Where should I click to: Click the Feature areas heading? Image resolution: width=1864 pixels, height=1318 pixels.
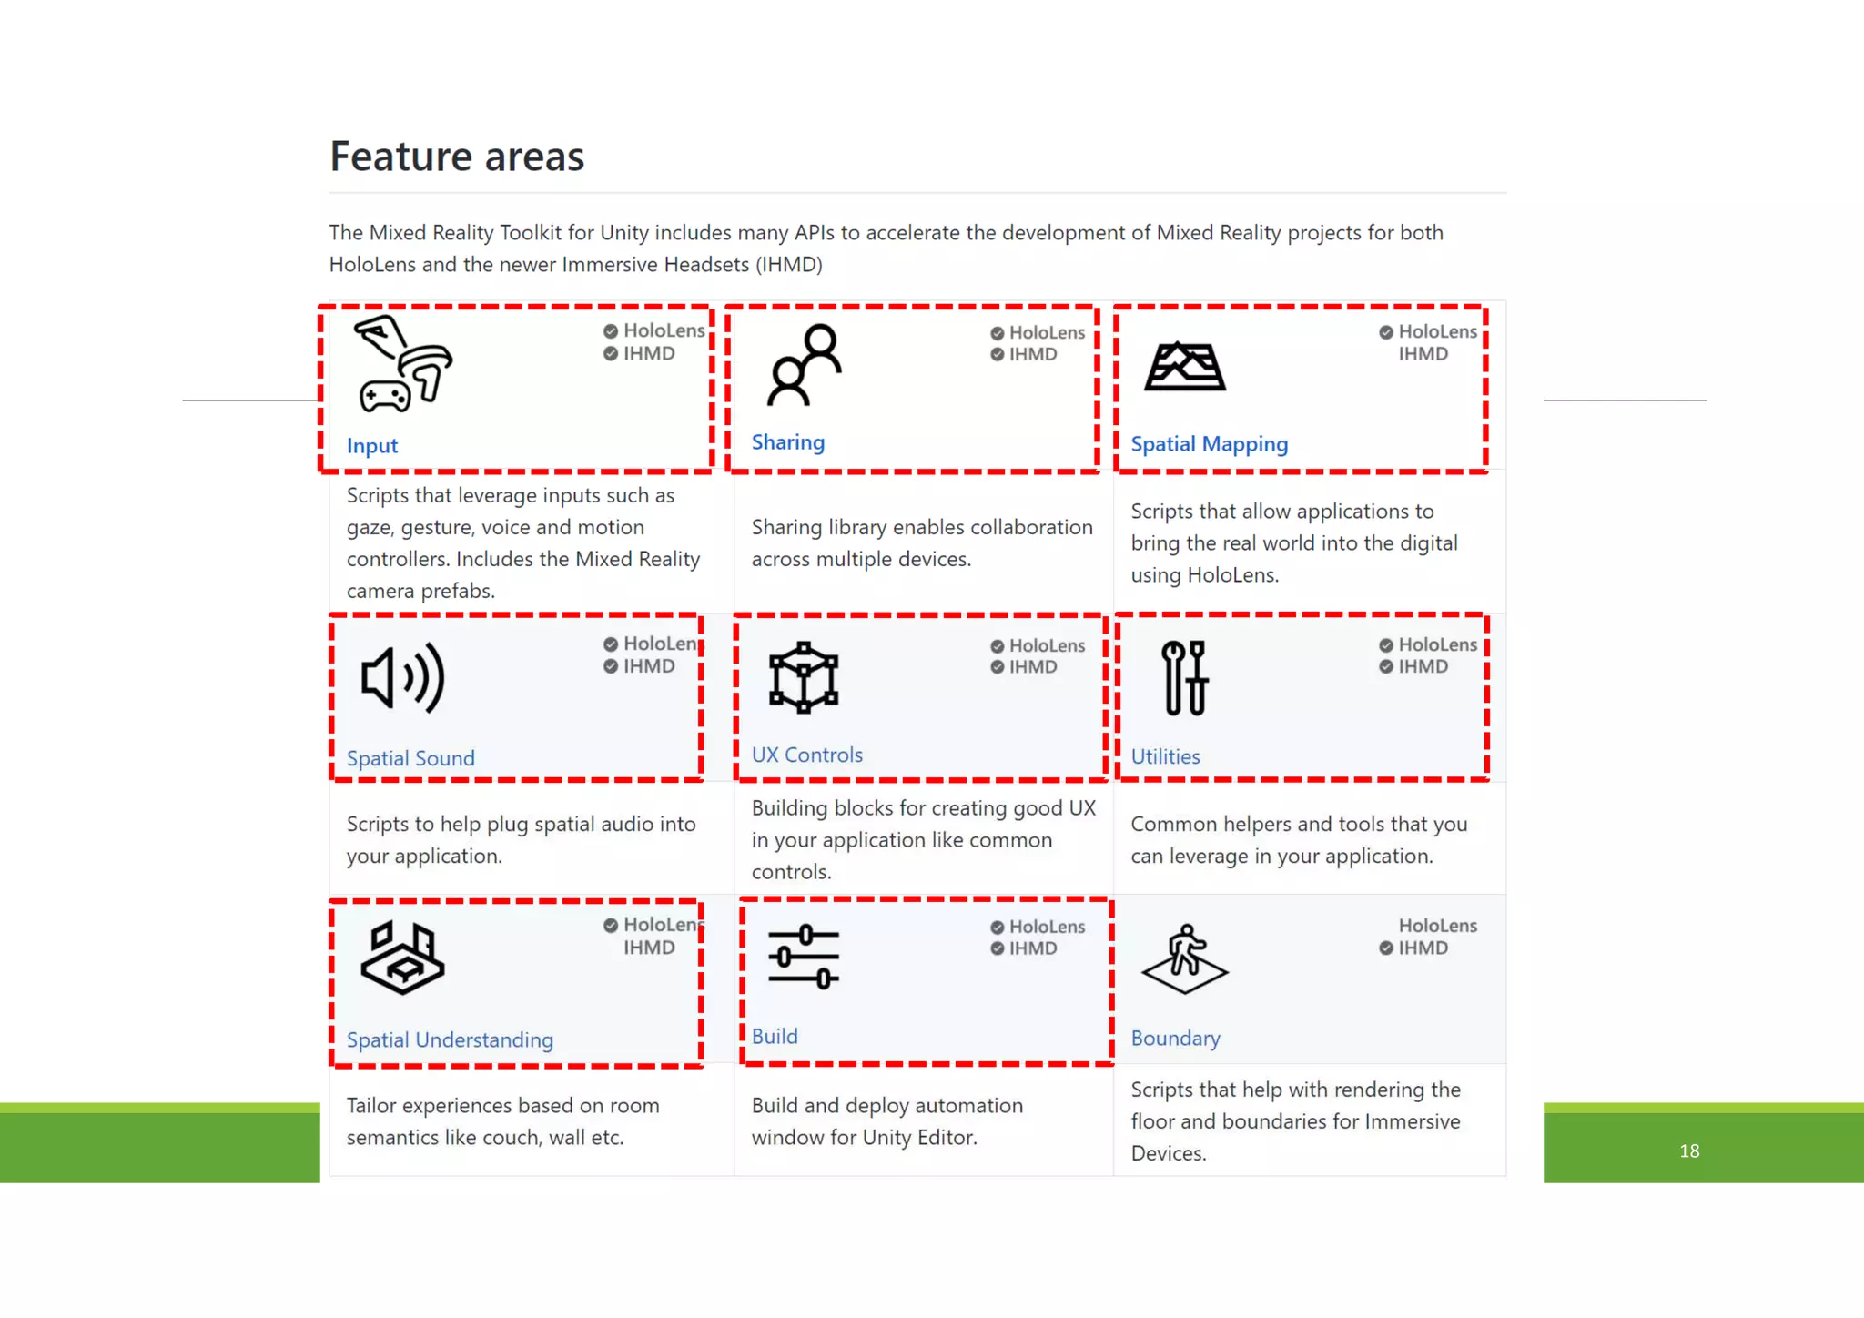click(x=457, y=157)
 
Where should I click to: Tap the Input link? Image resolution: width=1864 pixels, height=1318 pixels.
click(x=372, y=446)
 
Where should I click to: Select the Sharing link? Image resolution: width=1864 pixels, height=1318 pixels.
click(x=788, y=442)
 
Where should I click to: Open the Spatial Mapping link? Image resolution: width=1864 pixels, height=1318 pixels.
click(x=1209, y=444)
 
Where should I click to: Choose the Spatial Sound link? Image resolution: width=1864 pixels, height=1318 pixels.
click(x=410, y=758)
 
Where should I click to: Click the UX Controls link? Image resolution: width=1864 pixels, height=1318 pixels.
click(x=806, y=755)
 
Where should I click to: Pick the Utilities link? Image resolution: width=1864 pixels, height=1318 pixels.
click(x=1165, y=756)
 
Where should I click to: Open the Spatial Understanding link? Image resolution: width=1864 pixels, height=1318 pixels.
click(x=450, y=1039)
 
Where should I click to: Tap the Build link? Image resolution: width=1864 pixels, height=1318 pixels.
click(x=775, y=1036)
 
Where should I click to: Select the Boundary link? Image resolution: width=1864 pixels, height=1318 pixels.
click(x=1175, y=1039)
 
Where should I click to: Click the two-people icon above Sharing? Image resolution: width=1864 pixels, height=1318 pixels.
click(x=805, y=364)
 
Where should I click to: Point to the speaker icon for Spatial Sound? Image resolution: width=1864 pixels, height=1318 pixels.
click(x=402, y=678)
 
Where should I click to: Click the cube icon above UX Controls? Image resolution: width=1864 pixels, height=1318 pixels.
click(x=804, y=677)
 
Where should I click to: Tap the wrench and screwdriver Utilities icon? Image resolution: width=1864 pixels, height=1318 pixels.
click(x=1184, y=677)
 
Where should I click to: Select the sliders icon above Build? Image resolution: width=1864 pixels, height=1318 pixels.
click(x=804, y=958)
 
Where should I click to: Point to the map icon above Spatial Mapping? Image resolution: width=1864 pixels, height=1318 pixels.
click(x=1185, y=366)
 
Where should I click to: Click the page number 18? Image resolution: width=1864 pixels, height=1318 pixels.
click(x=1689, y=1151)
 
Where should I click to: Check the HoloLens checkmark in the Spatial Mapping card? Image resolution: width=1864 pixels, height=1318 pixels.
click(x=1386, y=332)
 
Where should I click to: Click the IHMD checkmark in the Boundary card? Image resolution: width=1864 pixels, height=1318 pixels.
click(x=1386, y=948)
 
